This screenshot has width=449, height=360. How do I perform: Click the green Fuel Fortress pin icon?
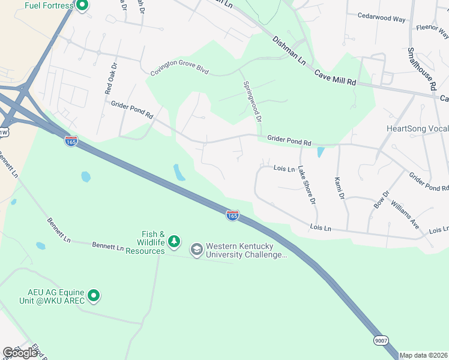pos(83,6)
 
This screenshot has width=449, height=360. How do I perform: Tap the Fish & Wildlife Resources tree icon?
pos(174,241)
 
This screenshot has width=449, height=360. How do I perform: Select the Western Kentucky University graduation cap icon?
pos(196,249)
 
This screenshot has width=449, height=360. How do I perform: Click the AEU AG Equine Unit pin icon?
pos(93,295)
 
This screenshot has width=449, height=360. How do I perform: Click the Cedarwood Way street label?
pos(381,18)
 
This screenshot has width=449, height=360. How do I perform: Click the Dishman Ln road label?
pos(289,51)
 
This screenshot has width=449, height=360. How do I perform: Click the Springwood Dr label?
pos(252,102)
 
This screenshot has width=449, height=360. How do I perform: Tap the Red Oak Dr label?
pos(109,79)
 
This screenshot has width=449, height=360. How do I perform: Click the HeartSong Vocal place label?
pos(417,129)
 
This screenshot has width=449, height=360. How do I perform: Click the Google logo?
pos(20,353)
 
